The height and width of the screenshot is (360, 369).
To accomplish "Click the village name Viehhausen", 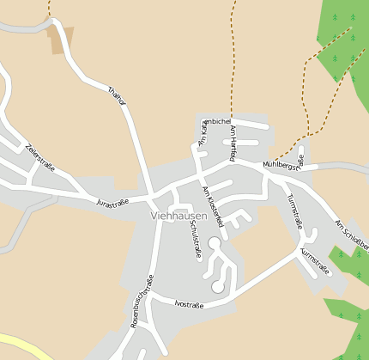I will click(178, 216).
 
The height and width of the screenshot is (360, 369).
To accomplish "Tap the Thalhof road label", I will click(118, 95).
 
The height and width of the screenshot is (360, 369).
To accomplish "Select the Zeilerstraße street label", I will click(40, 156).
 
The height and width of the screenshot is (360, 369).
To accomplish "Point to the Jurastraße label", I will click(112, 203).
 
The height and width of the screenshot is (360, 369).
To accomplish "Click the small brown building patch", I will click(60, 39).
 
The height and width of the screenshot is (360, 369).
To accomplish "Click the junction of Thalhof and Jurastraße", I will click(152, 196).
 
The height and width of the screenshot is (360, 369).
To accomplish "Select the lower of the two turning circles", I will click(218, 285).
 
